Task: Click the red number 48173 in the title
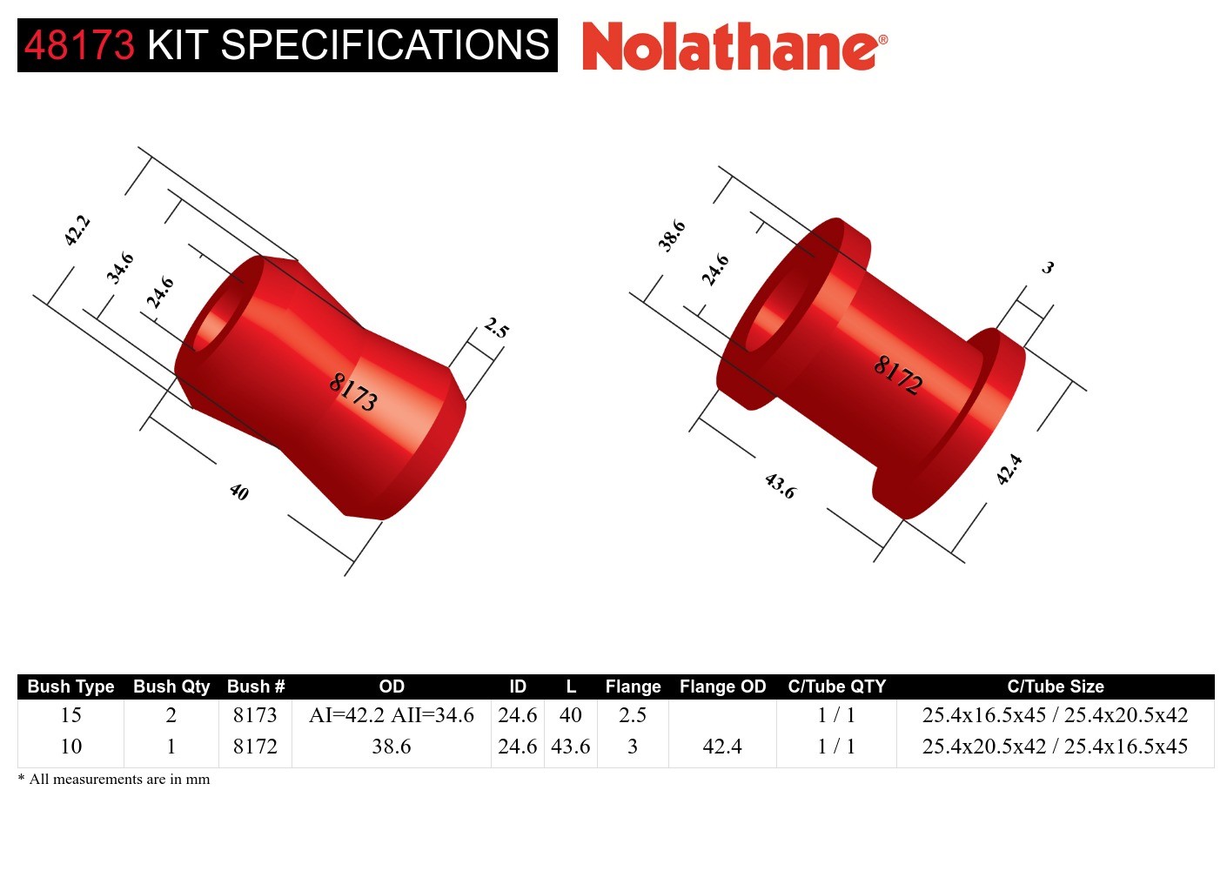click(79, 45)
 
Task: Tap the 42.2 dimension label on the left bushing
click(77, 231)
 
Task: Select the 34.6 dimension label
click(120, 268)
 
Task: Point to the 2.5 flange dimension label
click(497, 328)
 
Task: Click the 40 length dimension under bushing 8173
click(239, 492)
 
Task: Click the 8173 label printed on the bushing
click(353, 392)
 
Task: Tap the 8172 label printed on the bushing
click(898, 375)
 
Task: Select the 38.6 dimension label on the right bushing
click(672, 236)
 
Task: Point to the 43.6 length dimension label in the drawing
click(780, 486)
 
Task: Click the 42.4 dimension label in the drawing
click(1009, 470)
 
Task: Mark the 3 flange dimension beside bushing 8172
click(1048, 268)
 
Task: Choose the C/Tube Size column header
click(1055, 686)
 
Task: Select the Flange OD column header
click(722, 686)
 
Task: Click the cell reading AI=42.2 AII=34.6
click(392, 715)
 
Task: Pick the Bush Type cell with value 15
click(71, 715)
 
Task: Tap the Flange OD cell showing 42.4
click(722, 747)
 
